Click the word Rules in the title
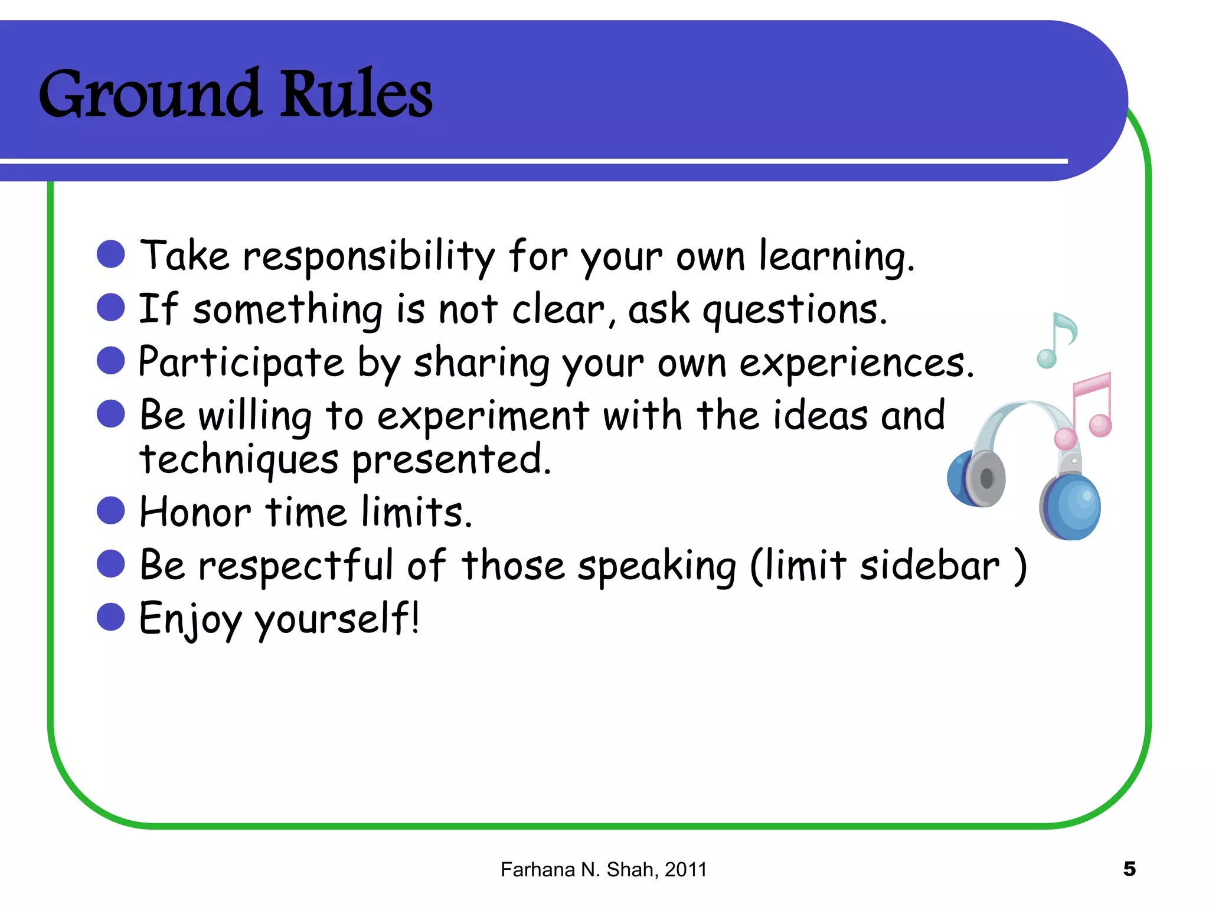coord(355,94)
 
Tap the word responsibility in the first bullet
coord(369,257)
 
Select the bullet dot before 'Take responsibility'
coord(110,255)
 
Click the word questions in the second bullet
coord(794,311)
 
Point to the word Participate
coord(241,363)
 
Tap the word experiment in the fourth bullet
coord(483,416)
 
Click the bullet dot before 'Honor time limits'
coord(110,510)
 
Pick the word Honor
coord(195,512)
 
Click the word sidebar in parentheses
coord(930,566)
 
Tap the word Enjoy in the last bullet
coord(190,619)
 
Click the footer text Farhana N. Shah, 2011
coord(603,870)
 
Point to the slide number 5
coord(1129,869)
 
